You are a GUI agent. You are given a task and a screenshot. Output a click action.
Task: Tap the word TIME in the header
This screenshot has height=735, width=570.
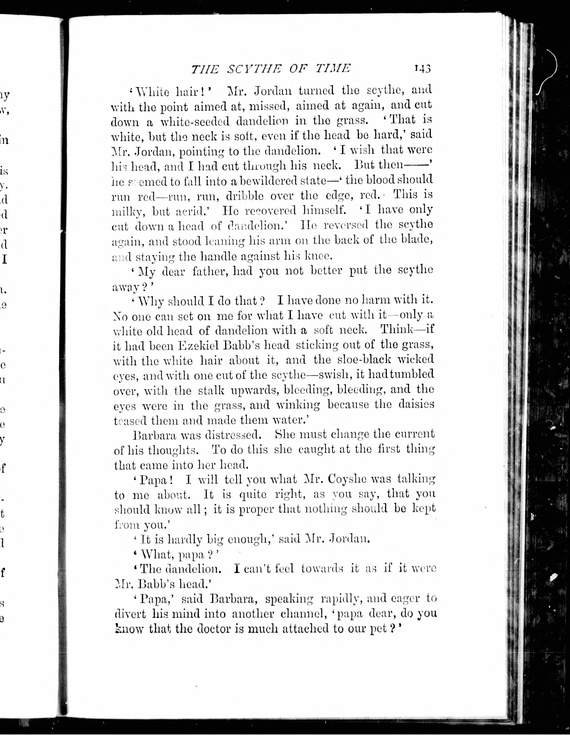click(333, 68)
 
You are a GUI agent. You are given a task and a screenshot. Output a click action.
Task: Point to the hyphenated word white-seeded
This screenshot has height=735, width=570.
click(195, 121)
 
